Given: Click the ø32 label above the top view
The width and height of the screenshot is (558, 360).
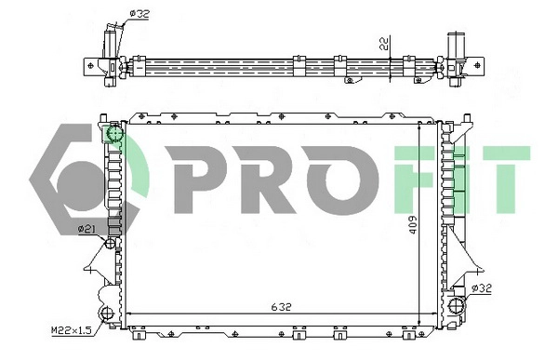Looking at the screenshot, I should tap(138, 13).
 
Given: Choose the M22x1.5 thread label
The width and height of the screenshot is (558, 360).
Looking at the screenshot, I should tap(72, 330).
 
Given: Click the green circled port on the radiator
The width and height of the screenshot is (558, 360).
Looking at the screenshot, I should tap(115, 138).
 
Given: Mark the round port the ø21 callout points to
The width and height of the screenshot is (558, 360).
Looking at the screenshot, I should tap(111, 243).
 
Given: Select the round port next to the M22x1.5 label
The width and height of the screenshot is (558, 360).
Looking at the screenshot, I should tap(106, 313).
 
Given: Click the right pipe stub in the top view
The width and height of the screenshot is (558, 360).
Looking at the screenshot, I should tap(457, 47).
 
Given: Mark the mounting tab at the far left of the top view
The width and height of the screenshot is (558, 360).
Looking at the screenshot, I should tap(93, 64).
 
